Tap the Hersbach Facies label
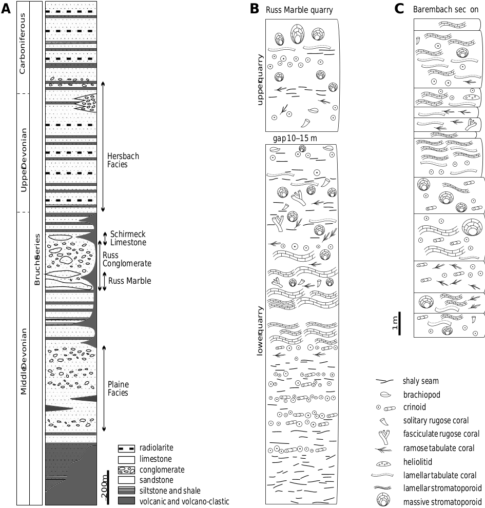tap(123, 161)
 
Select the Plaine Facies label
tap(118, 388)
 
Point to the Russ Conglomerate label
tap(127, 259)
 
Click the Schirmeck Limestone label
tap(128, 238)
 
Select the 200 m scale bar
tap(108, 484)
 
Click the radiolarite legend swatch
tap(126, 448)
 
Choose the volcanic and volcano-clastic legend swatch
tap(126, 501)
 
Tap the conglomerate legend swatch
tap(126, 470)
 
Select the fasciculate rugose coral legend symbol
tap(383, 434)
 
